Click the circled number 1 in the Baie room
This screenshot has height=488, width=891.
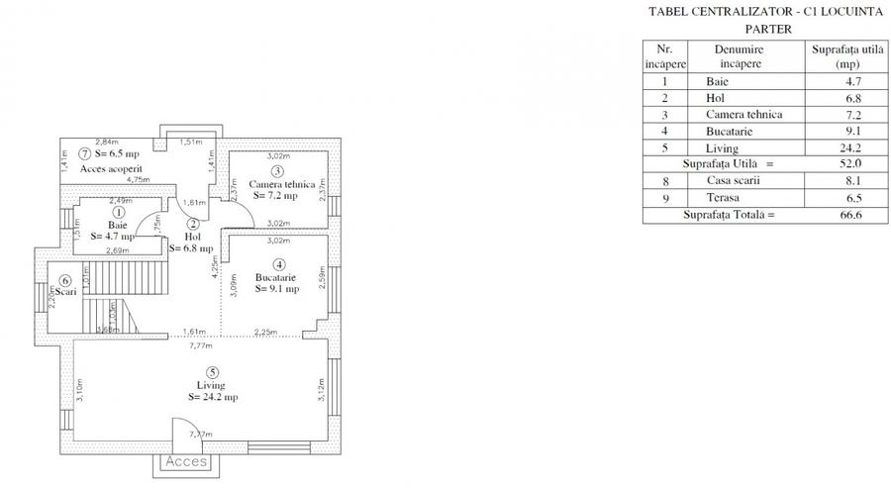point(119,212)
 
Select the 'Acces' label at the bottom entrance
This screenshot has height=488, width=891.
point(186,461)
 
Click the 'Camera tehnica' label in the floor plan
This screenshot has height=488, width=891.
point(282,185)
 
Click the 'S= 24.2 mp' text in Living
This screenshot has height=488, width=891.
point(212,396)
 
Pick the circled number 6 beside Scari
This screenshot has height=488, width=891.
point(63,281)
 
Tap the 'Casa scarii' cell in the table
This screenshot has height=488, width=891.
point(734,180)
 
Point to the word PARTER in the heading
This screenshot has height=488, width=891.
point(753,29)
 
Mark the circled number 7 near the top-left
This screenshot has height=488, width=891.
point(86,154)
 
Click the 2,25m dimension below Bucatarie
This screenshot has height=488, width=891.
point(265,333)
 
